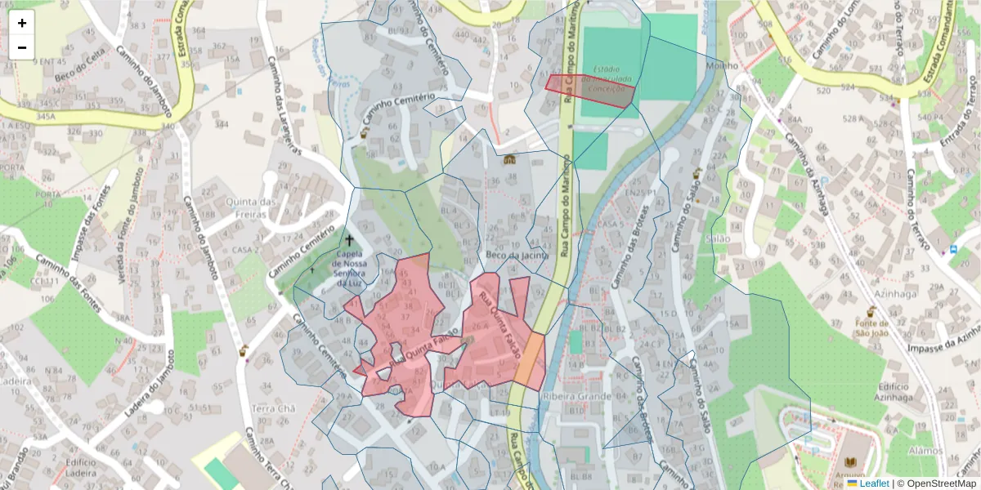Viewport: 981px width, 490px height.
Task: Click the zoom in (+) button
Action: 22,23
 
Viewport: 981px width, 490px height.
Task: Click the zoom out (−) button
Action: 22,47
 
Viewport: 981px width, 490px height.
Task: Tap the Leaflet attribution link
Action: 874,483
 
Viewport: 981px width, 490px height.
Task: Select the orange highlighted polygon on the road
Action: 529,360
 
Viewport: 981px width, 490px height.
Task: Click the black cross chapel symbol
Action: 350,240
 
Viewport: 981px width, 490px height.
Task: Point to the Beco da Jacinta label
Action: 515,255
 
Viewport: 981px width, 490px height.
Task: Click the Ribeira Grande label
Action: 576,396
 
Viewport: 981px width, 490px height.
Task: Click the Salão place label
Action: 717,238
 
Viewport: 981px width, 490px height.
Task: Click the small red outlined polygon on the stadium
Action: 590,90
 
